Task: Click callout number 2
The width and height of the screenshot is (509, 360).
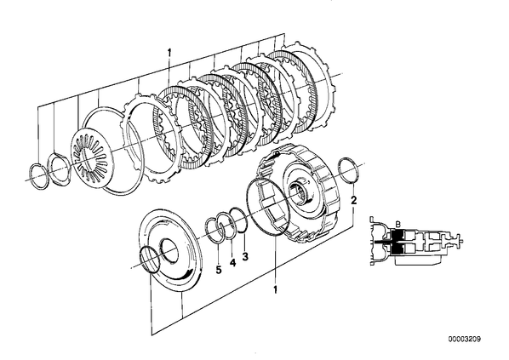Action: (354, 200)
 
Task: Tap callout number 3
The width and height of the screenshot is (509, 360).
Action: (245, 256)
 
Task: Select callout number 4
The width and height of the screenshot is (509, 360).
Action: (232, 262)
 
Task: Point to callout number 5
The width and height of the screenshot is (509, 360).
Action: (219, 270)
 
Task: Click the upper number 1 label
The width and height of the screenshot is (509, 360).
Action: (169, 52)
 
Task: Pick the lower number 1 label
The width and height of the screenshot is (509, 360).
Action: (275, 289)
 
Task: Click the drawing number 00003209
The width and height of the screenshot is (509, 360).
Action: (465, 340)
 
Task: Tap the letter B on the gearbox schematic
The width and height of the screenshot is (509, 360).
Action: (398, 224)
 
